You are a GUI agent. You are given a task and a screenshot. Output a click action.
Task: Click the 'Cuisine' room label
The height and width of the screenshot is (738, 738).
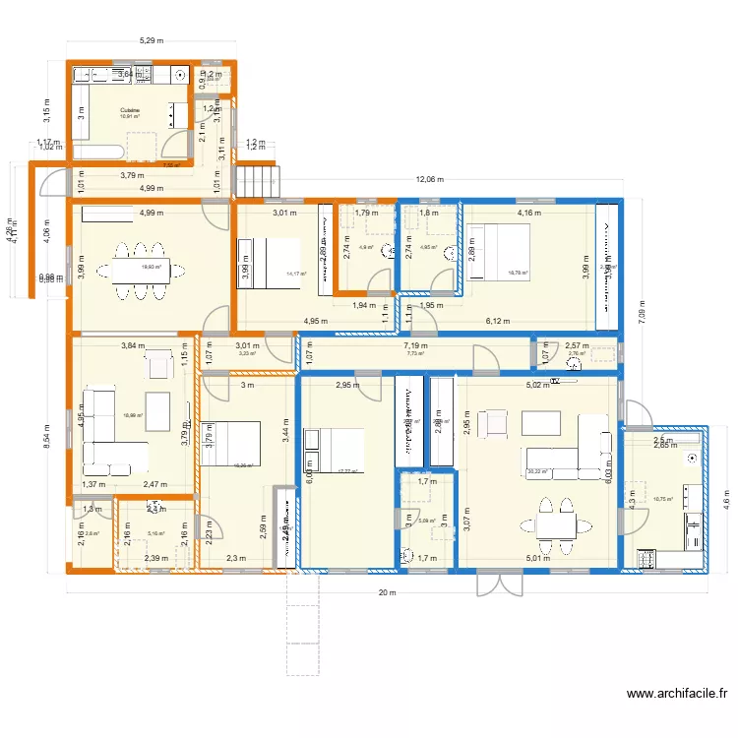coord(129,110)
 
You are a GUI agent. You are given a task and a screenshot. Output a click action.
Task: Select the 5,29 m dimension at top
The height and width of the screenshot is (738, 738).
coord(151,41)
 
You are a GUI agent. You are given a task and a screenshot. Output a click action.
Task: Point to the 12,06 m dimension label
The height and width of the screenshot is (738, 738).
coord(428,180)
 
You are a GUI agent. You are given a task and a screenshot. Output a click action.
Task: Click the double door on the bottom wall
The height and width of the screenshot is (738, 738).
coord(500,584)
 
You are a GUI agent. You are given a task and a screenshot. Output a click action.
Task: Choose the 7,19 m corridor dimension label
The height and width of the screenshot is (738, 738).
coord(414,346)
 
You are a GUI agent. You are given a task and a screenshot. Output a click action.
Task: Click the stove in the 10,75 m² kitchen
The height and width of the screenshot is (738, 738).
coord(647,558)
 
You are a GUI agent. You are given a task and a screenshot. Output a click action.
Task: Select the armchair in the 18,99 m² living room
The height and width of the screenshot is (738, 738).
coord(157,366)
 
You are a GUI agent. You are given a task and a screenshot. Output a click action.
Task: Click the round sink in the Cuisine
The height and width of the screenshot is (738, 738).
coord(180,74)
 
